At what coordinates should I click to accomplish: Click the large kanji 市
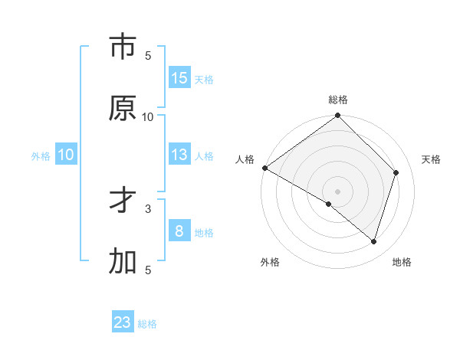[x=123, y=47]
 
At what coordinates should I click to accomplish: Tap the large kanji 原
[x=123, y=108]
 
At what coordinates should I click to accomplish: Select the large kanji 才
[x=123, y=201]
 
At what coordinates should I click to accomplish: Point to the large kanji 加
[x=123, y=262]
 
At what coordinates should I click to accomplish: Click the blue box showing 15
[x=179, y=78]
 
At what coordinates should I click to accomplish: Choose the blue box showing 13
[x=179, y=155]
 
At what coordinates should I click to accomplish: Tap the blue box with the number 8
[x=179, y=231]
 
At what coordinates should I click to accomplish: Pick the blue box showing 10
[x=66, y=155]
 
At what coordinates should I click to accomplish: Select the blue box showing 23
[x=123, y=322]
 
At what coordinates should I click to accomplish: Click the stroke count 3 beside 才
[x=148, y=208]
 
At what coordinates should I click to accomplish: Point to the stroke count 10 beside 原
[x=148, y=116]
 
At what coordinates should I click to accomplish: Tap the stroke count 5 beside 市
[x=148, y=55]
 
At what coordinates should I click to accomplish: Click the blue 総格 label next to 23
[x=147, y=324]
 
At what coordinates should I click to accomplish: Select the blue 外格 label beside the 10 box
[x=41, y=156]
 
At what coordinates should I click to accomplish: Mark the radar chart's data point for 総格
[x=338, y=116]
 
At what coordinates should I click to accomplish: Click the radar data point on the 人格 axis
[x=265, y=168]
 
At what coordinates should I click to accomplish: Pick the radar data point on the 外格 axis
[x=329, y=204]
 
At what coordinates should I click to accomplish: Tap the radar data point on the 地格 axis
[x=373, y=241]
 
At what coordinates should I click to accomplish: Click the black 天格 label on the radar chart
[x=431, y=159]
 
